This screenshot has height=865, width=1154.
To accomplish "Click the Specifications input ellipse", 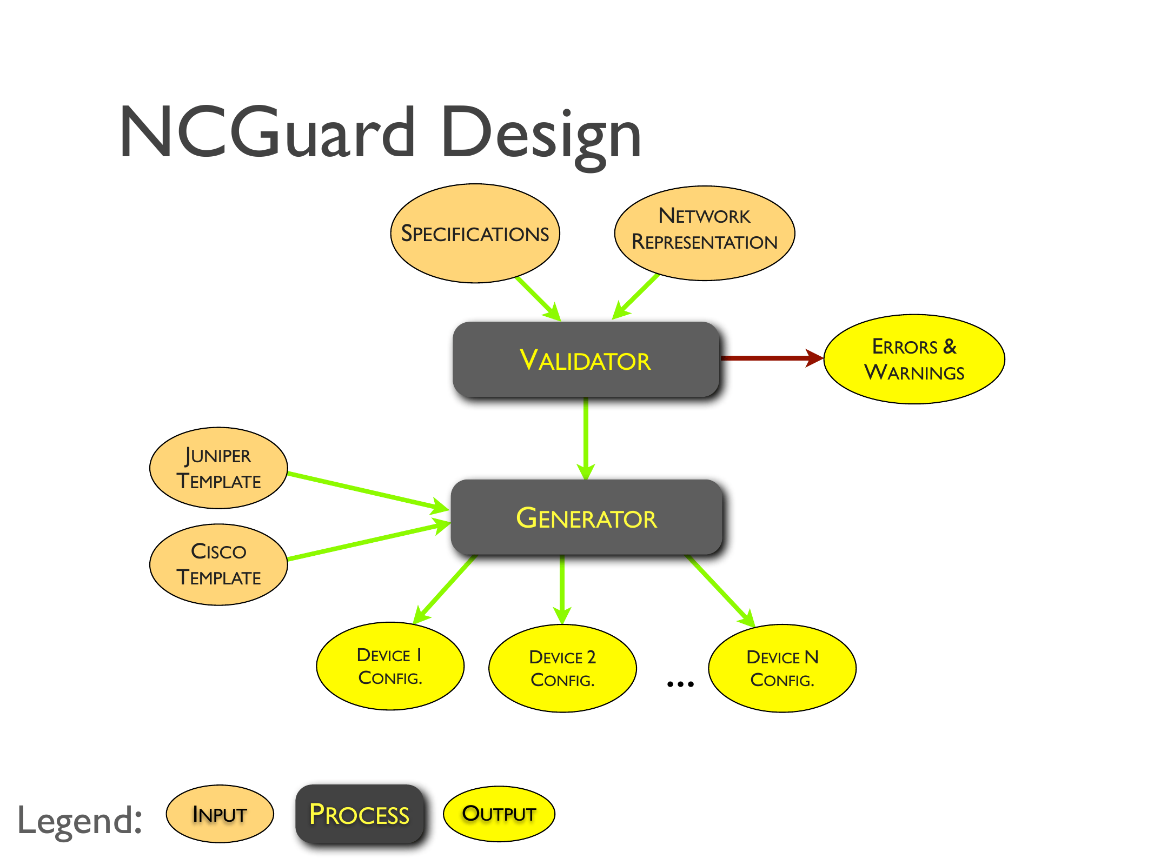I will [x=475, y=234].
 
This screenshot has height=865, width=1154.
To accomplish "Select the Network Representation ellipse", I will [x=704, y=234].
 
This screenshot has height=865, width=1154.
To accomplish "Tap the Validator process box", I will [x=586, y=360].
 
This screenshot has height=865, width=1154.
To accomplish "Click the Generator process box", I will [x=586, y=517].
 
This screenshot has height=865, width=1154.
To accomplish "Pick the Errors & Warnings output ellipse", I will [x=914, y=359].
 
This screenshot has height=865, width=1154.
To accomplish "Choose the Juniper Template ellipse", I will [x=218, y=468].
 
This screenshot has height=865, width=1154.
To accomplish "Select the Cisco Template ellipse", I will [x=218, y=564].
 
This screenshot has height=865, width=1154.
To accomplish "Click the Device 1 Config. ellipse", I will [x=390, y=666].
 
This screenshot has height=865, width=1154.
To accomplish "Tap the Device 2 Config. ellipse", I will [x=562, y=668].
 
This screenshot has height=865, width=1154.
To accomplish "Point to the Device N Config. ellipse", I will [x=782, y=668].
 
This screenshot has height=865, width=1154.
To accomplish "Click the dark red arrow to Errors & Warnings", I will [x=768, y=358].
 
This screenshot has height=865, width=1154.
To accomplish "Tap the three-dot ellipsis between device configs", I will [x=680, y=684].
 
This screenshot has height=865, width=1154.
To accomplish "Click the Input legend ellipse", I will [x=220, y=814].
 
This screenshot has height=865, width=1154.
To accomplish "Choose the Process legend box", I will [x=359, y=814].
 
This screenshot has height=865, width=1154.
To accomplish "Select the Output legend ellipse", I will [x=499, y=814].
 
